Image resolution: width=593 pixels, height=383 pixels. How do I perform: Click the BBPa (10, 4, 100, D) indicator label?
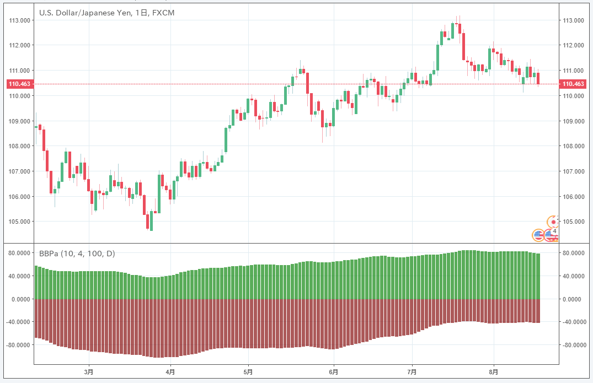click(x=77, y=253)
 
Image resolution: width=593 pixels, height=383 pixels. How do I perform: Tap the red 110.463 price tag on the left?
click(x=20, y=84)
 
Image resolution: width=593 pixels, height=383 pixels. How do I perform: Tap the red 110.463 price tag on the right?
click(x=572, y=84)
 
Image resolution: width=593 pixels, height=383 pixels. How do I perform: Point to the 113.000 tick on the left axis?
click(x=20, y=20)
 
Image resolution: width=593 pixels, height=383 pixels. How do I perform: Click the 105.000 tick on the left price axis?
click(x=20, y=222)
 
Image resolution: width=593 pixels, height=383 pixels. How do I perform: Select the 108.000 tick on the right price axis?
click(x=572, y=146)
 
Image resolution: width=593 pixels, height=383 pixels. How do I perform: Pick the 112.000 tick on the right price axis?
click(x=572, y=45)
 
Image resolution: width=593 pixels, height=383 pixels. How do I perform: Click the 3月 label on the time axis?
click(x=89, y=372)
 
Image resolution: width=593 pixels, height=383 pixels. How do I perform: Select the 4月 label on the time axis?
click(x=170, y=372)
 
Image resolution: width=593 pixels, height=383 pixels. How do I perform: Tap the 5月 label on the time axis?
click(x=249, y=372)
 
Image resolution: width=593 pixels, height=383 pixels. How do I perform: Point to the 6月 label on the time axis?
click(x=333, y=372)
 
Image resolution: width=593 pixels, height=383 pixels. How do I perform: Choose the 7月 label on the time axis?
click(x=412, y=372)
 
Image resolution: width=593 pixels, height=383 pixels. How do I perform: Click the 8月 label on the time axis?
click(x=494, y=372)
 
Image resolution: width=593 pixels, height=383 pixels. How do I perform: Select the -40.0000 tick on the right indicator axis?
click(x=573, y=322)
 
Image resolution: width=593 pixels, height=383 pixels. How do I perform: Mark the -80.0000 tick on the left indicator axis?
click(x=19, y=345)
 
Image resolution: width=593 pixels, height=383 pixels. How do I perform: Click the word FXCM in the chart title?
click(x=163, y=12)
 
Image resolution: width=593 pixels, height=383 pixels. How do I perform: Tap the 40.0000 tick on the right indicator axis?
click(x=573, y=276)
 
